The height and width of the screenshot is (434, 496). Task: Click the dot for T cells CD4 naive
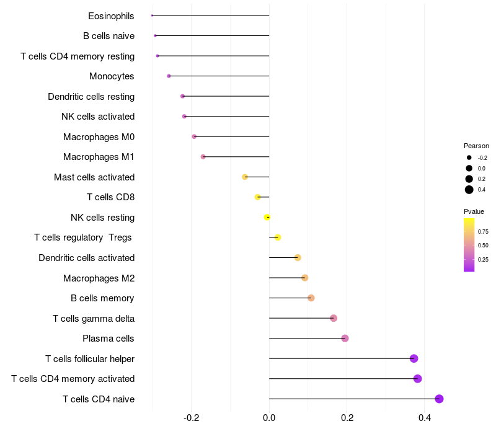pyautogui.click(x=439, y=399)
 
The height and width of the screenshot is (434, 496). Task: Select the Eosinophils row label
pyautogui.click(x=111, y=15)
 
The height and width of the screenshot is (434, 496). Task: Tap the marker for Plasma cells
pyautogui.click(x=345, y=339)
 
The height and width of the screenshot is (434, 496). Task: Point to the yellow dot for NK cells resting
pyautogui.click(x=267, y=217)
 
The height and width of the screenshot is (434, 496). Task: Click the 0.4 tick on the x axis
pyautogui.click(x=425, y=418)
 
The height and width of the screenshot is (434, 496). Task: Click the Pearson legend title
pyautogui.click(x=476, y=146)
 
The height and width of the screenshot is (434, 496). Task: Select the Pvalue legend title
pyautogui.click(x=474, y=211)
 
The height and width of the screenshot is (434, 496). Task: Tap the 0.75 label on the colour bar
pyautogui.click(x=483, y=232)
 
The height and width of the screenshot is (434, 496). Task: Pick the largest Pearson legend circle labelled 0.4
pyautogui.click(x=469, y=190)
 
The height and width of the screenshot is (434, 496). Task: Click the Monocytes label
pyautogui.click(x=112, y=76)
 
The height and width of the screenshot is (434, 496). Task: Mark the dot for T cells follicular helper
pyautogui.click(x=414, y=358)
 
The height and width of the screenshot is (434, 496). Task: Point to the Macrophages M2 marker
pyautogui.click(x=304, y=278)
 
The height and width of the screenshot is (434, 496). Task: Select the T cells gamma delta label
pyautogui.click(x=94, y=319)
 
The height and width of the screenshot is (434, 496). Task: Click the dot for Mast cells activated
pyautogui.click(x=245, y=177)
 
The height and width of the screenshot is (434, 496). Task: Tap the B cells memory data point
pyautogui.click(x=311, y=298)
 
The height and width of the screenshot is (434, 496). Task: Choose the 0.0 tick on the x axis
pyautogui.click(x=269, y=418)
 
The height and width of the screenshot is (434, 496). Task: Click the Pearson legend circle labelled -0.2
pyautogui.click(x=469, y=157)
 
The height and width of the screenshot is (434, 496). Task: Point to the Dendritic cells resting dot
pyautogui.click(x=182, y=96)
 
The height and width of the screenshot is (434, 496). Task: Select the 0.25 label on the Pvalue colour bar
pyautogui.click(x=483, y=260)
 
